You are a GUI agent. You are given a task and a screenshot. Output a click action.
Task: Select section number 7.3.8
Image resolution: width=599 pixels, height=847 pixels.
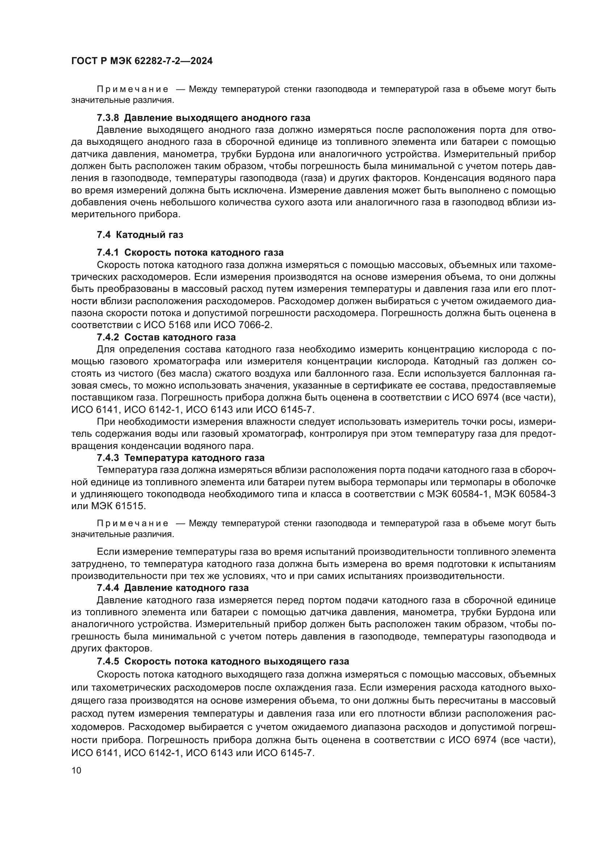(x=108, y=118)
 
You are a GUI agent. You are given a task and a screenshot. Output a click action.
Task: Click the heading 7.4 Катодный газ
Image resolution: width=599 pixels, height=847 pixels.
(x=140, y=235)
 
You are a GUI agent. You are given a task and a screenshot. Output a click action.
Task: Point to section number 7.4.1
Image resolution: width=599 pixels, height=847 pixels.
(x=108, y=253)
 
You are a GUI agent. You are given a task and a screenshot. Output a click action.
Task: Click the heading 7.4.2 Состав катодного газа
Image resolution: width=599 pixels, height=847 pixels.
(x=166, y=337)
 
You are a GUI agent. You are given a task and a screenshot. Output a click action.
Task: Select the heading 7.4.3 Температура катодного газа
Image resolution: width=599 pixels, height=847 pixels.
(x=180, y=458)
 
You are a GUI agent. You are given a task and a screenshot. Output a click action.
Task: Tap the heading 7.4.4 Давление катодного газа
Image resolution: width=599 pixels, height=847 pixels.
(x=173, y=588)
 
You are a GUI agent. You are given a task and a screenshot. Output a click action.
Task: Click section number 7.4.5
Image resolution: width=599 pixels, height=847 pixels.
(x=108, y=661)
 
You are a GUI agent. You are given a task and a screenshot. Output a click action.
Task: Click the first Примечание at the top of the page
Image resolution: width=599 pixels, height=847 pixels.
(x=133, y=90)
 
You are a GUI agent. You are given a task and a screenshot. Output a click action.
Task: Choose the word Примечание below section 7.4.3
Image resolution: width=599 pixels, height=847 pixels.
(x=133, y=524)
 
